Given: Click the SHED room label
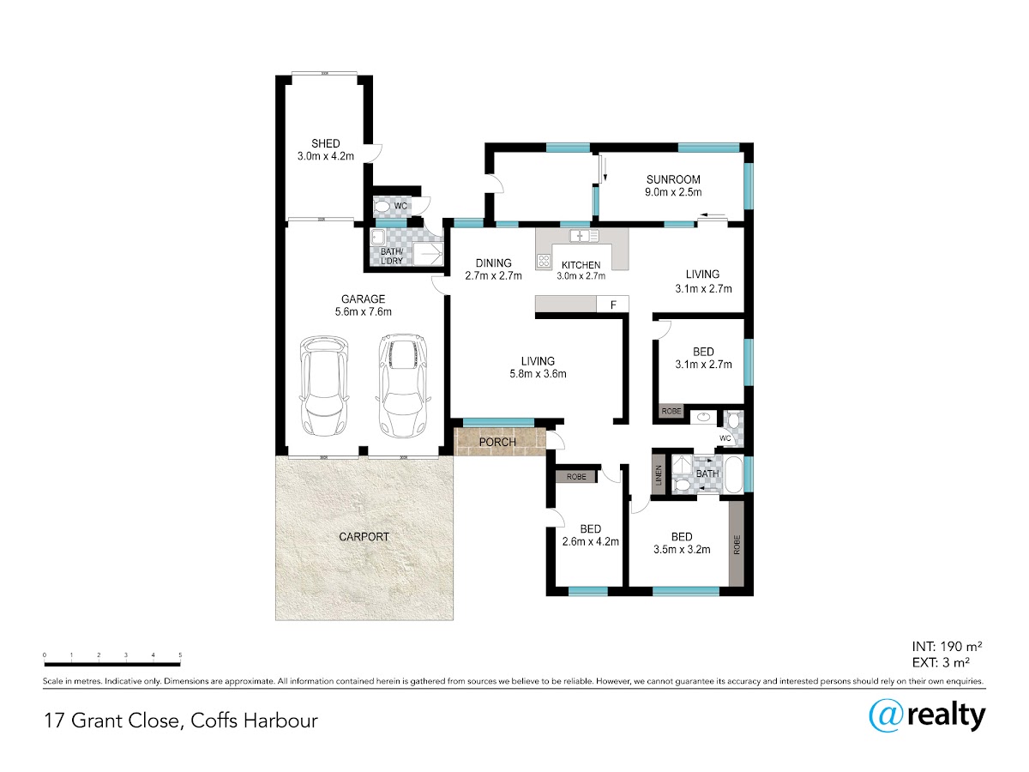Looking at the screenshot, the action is (x=325, y=143).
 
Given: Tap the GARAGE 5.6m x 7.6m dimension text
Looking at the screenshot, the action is (x=363, y=311).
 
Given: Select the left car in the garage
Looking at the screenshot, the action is (x=324, y=385).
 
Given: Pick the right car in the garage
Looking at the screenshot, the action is (x=403, y=385).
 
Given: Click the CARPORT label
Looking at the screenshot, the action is (x=364, y=537).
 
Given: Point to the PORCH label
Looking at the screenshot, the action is (x=497, y=442).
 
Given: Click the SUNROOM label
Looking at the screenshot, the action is (x=673, y=179).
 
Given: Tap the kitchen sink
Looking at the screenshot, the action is (x=584, y=236).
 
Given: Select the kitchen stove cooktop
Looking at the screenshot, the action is (x=544, y=261).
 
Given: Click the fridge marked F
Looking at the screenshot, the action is (x=613, y=305).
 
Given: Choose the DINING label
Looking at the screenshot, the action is (x=493, y=263).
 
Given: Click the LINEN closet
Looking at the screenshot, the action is (x=659, y=475).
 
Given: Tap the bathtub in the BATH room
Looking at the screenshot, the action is (x=733, y=475).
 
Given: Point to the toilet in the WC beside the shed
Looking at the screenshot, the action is (x=382, y=206).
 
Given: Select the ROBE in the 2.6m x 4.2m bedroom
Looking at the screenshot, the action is (x=576, y=477).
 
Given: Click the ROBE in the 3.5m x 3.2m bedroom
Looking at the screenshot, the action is (x=737, y=544).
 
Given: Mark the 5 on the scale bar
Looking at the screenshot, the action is (x=180, y=654).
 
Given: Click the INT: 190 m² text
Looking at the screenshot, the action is (x=947, y=647).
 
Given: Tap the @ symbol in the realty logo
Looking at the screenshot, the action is (x=886, y=717).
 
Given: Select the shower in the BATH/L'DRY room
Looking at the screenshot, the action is (x=428, y=254).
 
